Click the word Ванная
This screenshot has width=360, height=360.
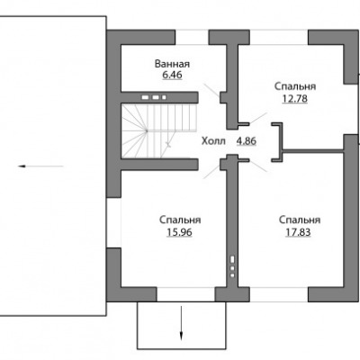[x=172, y=64]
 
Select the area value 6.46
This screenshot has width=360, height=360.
[x=172, y=75]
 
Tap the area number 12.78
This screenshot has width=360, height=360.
[x=295, y=98]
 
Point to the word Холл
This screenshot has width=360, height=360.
[x=213, y=140]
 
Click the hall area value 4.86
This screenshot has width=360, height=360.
[x=247, y=140]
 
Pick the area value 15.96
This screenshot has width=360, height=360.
[x=179, y=232]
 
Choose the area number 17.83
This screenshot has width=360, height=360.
[x=298, y=232]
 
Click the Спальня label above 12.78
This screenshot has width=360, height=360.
[x=295, y=86]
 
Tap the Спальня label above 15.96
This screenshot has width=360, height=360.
[x=180, y=220]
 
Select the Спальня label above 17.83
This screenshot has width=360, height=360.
[x=300, y=220]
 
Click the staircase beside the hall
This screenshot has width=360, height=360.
[x=159, y=130]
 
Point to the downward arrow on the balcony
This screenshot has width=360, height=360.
[x=181, y=323]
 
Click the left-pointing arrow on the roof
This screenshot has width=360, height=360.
[x=40, y=166]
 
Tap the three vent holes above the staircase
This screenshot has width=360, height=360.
[x=154, y=97]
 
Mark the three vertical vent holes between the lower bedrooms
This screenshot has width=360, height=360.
[x=232, y=266]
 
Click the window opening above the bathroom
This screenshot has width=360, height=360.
[x=192, y=37]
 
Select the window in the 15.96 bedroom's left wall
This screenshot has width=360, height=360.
[x=113, y=223]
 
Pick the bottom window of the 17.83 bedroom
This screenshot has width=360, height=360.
[x=279, y=294]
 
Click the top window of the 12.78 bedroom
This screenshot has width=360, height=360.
[x=279, y=37]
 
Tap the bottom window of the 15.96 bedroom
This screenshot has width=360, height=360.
[x=185, y=294]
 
